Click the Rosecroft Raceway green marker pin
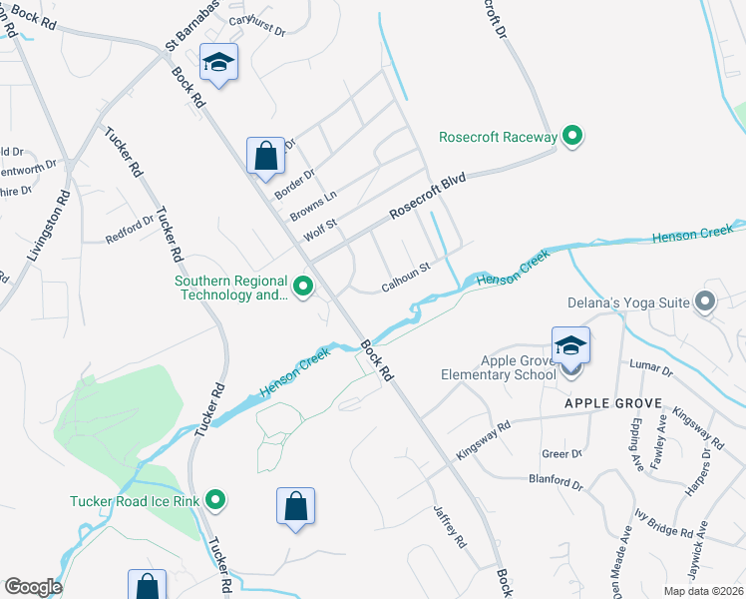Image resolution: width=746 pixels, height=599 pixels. click(x=572, y=136)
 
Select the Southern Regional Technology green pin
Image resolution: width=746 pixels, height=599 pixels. click(x=303, y=289)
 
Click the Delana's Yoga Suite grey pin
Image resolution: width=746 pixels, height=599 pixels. click(x=706, y=300)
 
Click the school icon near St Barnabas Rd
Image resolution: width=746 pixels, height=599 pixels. click(x=218, y=64)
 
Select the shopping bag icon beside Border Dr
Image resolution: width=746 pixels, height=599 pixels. click(x=265, y=157)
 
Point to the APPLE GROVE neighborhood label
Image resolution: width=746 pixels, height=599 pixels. click(x=613, y=402)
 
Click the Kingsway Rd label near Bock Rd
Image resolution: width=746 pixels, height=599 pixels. click(x=483, y=439)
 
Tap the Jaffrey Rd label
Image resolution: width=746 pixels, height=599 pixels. click(x=451, y=526)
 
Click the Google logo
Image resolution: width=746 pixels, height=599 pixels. click(x=33, y=586)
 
